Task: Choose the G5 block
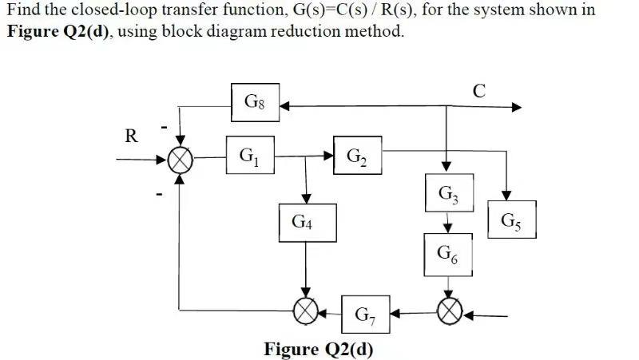(x=510, y=220)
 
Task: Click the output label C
(x=478, y=90)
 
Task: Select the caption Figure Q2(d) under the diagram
(x=318, y=350)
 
